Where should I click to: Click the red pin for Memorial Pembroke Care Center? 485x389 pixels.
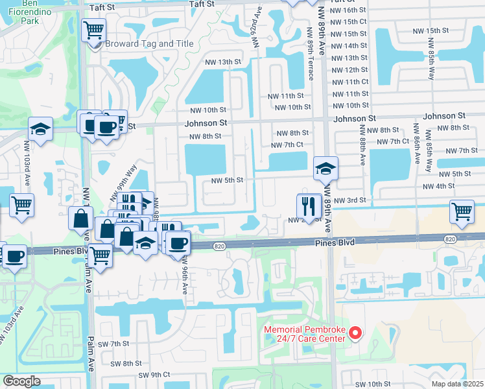pyautogui.click(x=355, y=333)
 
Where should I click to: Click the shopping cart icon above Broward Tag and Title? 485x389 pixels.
pyautogui.click(x=93, y=29)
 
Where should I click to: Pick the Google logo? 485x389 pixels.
pyautogui.click(x=21, y=381)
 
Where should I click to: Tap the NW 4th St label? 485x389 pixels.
pyautogui.click(x=438, y=187)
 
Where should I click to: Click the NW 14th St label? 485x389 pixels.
pyautogui.click(x=349, y=45)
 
